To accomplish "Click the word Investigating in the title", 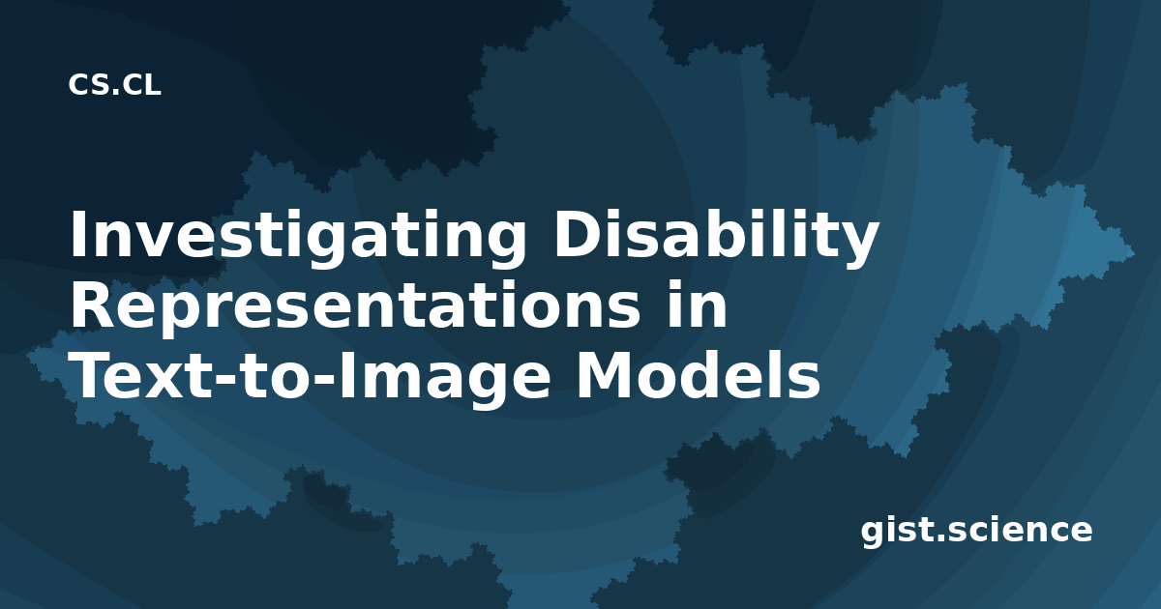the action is [x=298, y=238].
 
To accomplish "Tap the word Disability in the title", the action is [x=717, y=236].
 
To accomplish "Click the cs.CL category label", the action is [x=114, y=85].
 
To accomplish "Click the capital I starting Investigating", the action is [x=77, y=234].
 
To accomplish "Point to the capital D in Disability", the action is [x=576, y=234].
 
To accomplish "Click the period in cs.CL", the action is [x=114, y=93].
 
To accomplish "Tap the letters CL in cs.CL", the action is [x=141, y=85].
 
